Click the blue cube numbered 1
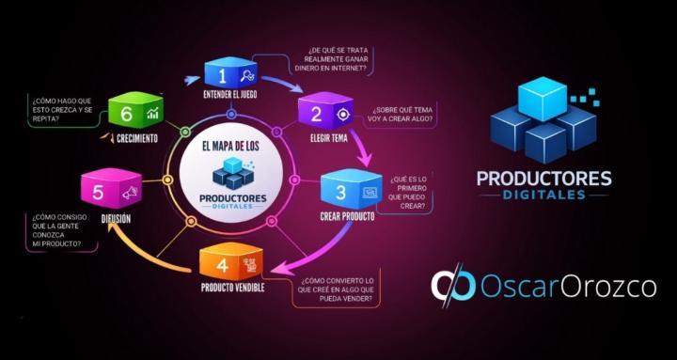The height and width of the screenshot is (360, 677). [228, 73]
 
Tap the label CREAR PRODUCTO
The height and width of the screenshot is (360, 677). [348, 216]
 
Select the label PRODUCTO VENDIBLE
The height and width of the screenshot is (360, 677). [231, 286]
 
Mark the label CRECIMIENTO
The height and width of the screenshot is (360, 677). [137, 136]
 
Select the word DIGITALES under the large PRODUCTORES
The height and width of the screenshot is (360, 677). [543, 196]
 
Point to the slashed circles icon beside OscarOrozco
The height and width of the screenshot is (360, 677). [453, 287]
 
